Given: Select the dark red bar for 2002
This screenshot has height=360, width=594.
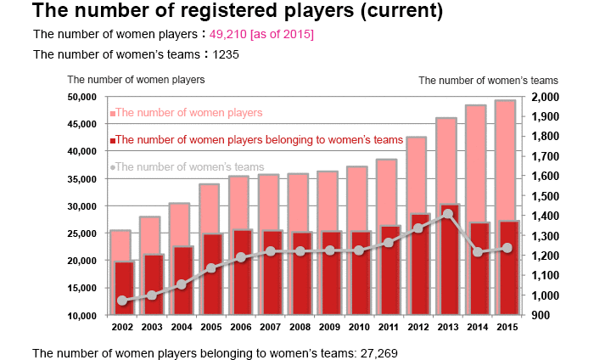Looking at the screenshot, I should pyautogui.click(x=124, y=289).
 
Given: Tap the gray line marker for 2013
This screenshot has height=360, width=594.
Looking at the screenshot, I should pyautogui.click(x=447, y=214).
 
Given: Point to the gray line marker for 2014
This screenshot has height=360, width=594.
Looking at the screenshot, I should pyautogui.click(x=478, y=252).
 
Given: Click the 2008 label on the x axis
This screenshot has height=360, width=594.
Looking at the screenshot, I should pyautogui.click(x=299, y=326).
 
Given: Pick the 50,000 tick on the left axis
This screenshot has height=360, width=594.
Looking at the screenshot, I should pyautogui.click(x=82, y=97).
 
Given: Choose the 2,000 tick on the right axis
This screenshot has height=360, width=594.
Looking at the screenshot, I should pyautogui.click(x=545, y=97).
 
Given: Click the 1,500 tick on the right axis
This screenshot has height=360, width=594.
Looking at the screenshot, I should pyautogui.click(x=545, y=196).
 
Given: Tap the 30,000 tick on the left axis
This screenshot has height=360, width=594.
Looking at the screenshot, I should pyautogui.click(x=82, y=206).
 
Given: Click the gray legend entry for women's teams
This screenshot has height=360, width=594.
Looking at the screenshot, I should pyautogui.click(x=189, y=166).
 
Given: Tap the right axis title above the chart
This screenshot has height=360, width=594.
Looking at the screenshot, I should pyautogui.click(x=477, y=81).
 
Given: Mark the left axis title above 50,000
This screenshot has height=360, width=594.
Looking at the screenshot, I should pyautogui.click(x=136, y=80).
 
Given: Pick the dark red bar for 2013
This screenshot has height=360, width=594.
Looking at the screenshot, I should pyautogui.click(x=447, y=260).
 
